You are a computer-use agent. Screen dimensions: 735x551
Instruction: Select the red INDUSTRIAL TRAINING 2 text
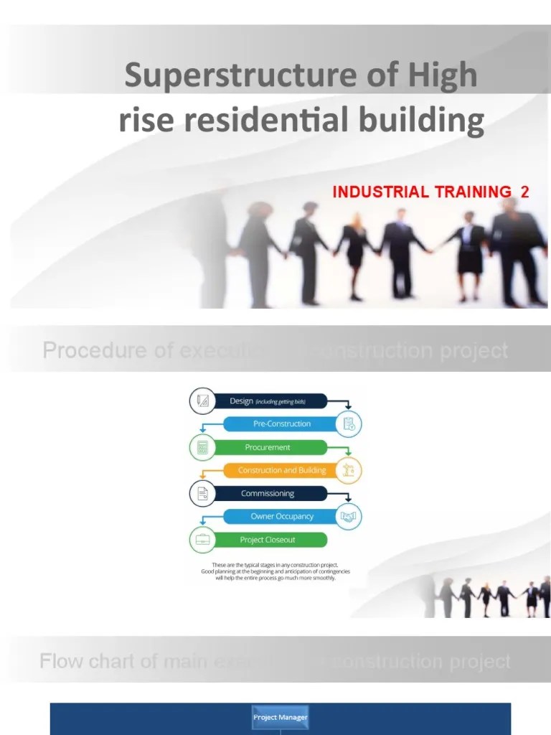pos(430,192)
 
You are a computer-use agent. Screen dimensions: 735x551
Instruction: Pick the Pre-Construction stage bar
pos(282,424)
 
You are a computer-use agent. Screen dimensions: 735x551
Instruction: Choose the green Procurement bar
pos(268,447)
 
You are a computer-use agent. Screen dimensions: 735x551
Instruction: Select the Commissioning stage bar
pos(268,494)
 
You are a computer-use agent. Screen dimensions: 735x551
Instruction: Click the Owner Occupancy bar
pos(282,517)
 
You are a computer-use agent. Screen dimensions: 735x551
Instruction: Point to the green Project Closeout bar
pos(268,540)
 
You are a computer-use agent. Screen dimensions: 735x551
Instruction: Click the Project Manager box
pos(280,717)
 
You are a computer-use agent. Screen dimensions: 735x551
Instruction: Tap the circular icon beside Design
pos(202,401)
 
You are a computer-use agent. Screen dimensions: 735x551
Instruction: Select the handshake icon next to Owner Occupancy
pos(349,517)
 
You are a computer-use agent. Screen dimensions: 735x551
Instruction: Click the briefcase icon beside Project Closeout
pos(202,540)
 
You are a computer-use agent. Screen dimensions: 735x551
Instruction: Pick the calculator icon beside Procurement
pos(202,447)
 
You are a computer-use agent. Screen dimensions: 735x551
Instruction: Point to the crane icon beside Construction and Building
pos(349,471)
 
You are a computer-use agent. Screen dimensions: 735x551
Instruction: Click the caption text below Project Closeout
pos(275,571)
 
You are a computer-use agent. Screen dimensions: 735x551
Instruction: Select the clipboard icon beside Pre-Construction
pos(349,424)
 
